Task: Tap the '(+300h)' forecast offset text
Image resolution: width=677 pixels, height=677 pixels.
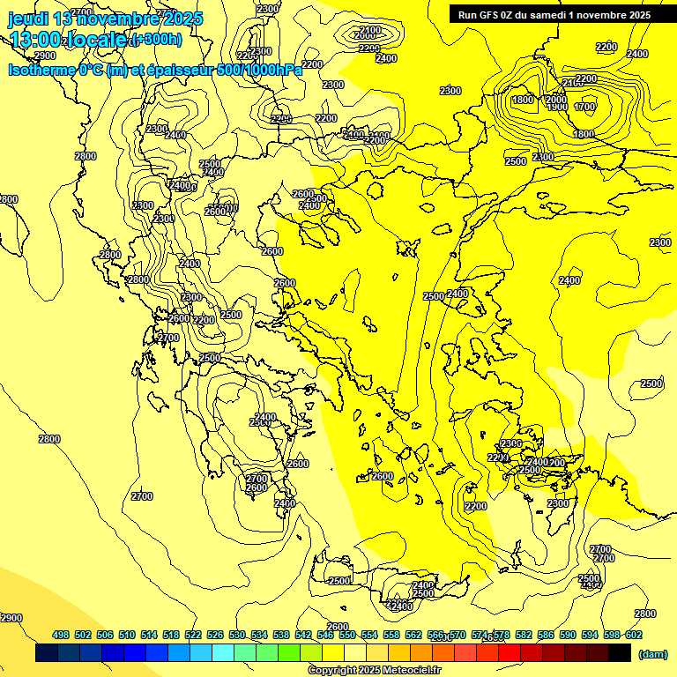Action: tap(156, 40)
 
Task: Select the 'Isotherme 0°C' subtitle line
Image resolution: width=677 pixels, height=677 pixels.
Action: tap(154, 70)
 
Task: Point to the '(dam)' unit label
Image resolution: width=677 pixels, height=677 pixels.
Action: tap(652, 653)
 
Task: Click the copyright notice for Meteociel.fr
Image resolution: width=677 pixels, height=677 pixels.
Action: tap(374, 671)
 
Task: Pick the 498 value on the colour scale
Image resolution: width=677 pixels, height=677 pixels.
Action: tap(61, 635)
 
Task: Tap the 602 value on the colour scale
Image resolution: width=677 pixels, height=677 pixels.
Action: tap(634, 635)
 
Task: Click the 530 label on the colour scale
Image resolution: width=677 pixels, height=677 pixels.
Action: tap(237, 635)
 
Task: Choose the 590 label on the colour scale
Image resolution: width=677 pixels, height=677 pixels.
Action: tap(568, 635)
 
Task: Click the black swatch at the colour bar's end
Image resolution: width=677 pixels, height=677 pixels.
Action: tap(620, 653)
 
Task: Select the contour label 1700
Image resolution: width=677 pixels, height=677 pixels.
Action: tap(584, 108)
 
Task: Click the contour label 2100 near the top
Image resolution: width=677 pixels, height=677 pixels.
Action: tap(370, 31)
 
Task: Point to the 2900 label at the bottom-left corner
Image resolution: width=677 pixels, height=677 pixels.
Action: tap(11, 618)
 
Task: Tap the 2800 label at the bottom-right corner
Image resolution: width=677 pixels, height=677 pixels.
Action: tap(645, 614)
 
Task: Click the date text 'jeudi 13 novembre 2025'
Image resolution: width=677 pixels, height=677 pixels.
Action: tap(104, 19)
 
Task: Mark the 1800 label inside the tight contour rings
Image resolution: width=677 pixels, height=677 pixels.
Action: tap(523, 100)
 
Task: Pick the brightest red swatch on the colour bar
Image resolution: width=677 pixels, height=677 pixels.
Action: tap(510, 653)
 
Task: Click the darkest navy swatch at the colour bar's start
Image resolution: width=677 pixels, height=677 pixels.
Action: tap(47, 653)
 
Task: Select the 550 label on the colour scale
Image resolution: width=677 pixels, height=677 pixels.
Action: tap(347, 635)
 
